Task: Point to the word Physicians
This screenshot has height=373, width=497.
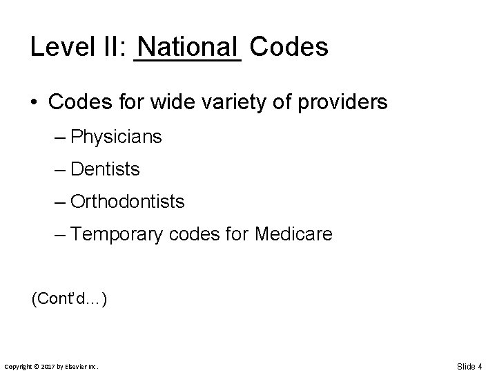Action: [116, 137]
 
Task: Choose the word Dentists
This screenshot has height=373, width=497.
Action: [105, 169]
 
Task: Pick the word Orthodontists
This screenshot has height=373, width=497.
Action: [127, 202]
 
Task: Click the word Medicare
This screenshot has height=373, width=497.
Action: [293, 235]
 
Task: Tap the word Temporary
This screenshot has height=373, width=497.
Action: [116, 235]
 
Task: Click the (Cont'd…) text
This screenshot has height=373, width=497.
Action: [68, 299]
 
